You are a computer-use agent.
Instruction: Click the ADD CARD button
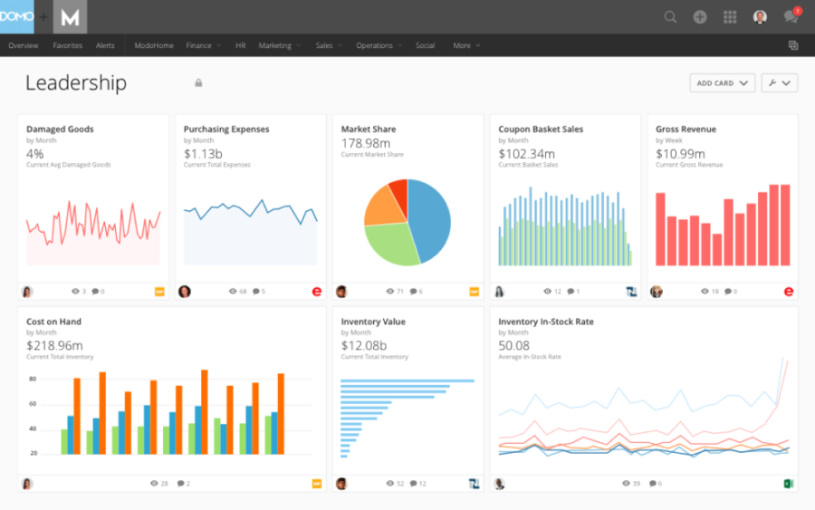(x=722, y=83)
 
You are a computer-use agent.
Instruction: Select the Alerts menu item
(x=105, y=45)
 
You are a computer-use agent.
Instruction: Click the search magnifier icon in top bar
(x=670, y=17)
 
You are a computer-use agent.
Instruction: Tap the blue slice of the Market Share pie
(x=429, y=219)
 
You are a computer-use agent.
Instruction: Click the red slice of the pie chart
(x=398, y=191)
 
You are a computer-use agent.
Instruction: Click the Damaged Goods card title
(x=60, y=130)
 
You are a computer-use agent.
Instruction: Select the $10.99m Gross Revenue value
(x=679, y=153)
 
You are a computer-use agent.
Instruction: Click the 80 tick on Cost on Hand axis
(x=32, y=380)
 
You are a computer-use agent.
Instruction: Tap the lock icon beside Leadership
(x=198, y=83)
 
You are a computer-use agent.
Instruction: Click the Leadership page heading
(x=76, y=83)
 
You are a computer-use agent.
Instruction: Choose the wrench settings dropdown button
(x=779, y=83)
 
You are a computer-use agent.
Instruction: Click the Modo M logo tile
(x=70, y=17)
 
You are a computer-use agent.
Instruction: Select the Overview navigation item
(x=23, y=45)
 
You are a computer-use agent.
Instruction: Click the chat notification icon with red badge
(x=791, y=17)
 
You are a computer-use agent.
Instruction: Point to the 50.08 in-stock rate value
(x=513, y=346)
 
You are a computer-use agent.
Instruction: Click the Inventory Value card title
(x=373, y=322)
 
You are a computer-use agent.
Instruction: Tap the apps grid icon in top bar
(x=730, y=17)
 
